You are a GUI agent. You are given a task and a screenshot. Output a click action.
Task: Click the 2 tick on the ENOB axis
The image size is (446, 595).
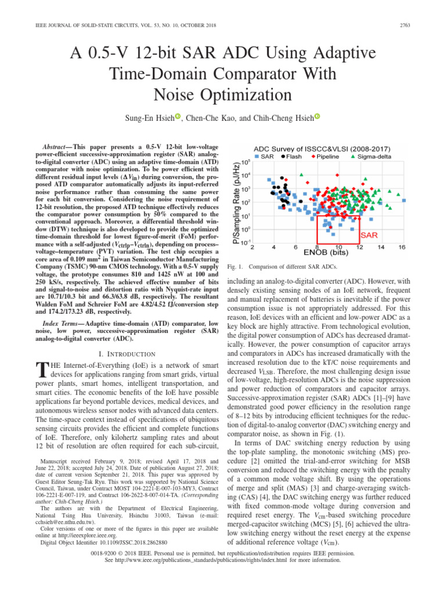point(251,247)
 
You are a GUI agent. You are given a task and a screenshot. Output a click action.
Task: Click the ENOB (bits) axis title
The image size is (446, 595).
point(326,253)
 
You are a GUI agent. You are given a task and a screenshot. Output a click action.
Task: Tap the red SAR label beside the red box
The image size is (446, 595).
point(371,236)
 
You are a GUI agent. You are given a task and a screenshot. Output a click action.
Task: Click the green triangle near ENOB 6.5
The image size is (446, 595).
point(300,173)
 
